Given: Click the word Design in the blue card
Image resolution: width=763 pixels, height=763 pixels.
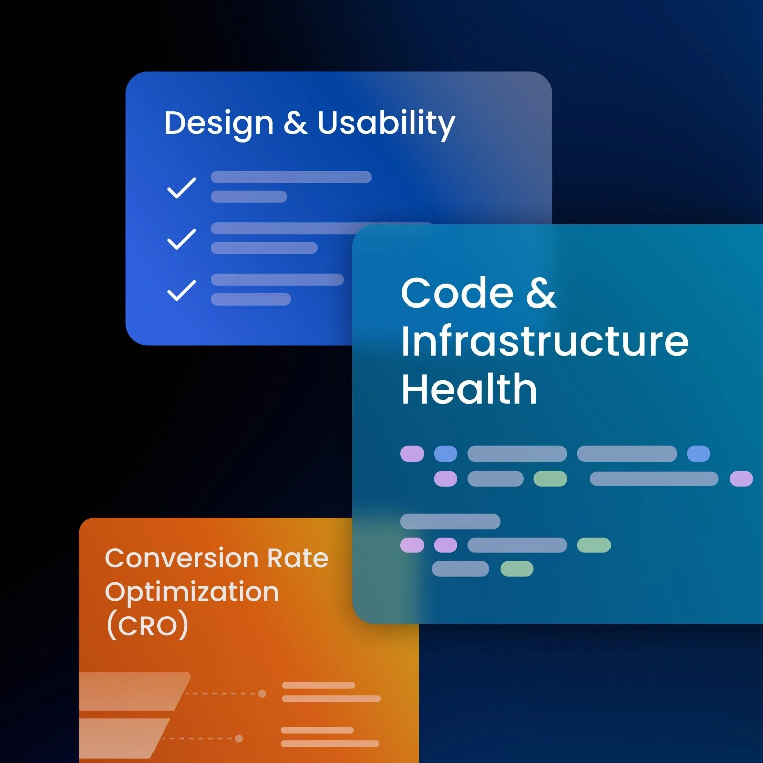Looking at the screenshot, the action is pos(219,123).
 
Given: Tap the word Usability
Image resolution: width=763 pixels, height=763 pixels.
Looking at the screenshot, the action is pos(386,123).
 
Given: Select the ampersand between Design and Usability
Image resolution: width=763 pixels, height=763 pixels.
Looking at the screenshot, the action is pos(295,123).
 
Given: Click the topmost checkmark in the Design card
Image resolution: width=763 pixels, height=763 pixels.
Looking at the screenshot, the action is pos(181,188).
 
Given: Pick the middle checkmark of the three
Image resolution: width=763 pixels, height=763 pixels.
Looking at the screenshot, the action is pos(181,239).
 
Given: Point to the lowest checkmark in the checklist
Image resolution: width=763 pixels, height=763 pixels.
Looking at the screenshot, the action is pos(181,290).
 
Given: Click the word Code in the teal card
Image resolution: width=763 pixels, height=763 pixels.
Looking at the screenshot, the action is pos(457,293).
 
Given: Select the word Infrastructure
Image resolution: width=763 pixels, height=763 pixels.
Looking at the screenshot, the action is pos(545,341).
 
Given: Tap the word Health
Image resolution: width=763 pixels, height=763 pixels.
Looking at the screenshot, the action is pos(469,389).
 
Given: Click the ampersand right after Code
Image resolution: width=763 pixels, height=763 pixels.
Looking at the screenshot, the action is pos(541,293).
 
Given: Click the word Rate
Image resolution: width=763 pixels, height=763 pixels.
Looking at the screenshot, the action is pos(298,558).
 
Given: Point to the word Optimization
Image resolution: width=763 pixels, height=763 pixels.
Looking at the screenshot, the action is pos(192,592).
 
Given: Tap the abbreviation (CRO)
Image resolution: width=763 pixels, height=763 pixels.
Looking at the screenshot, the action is pos(147,626).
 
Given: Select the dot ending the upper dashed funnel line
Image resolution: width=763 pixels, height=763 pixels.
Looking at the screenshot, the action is pos(262,694).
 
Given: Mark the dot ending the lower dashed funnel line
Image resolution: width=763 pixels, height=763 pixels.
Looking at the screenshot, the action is pos(239,738).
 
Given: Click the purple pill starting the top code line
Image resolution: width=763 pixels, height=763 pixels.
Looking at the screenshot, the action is pos(412,454).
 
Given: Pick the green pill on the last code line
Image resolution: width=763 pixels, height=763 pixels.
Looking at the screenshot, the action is pos(517,569).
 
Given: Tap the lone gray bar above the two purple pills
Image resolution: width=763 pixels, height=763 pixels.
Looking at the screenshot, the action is pos(450,522).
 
